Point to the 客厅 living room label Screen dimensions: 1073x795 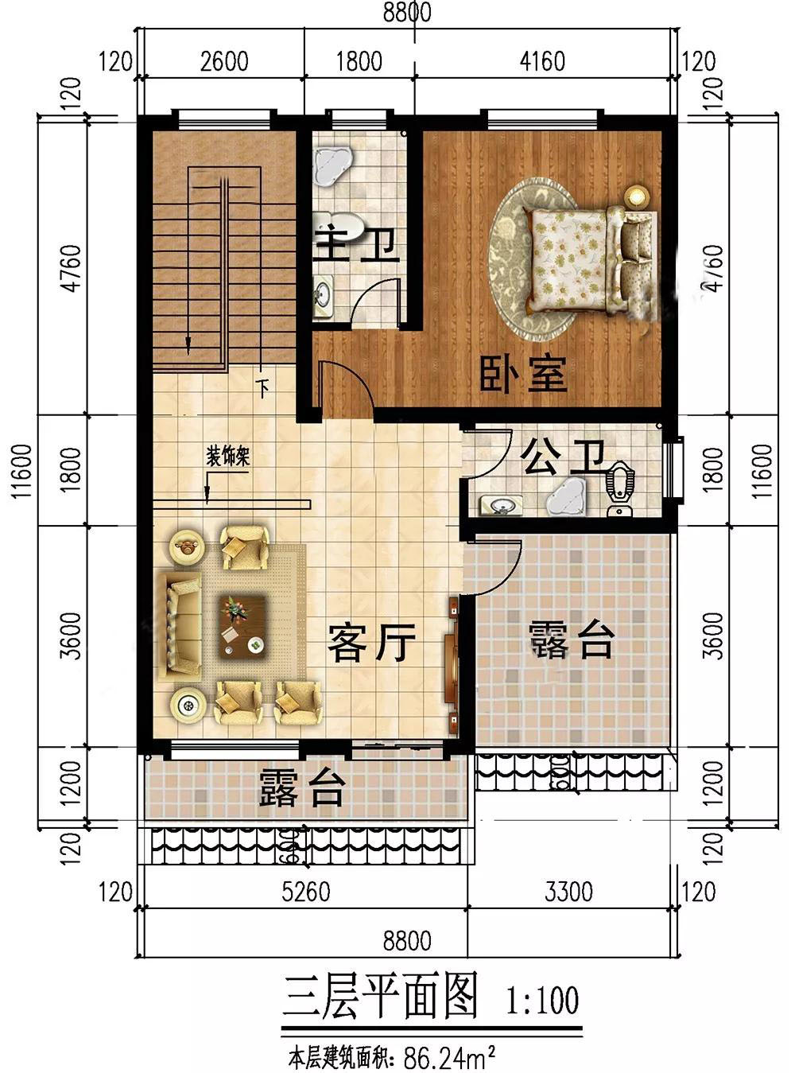(371, 643)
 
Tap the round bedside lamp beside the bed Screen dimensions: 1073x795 (636, 195)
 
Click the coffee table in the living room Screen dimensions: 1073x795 (242, 627)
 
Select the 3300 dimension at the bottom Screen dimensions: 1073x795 (568, 892)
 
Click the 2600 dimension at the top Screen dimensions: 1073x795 (224, 60)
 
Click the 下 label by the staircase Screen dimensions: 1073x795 (263, 389)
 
